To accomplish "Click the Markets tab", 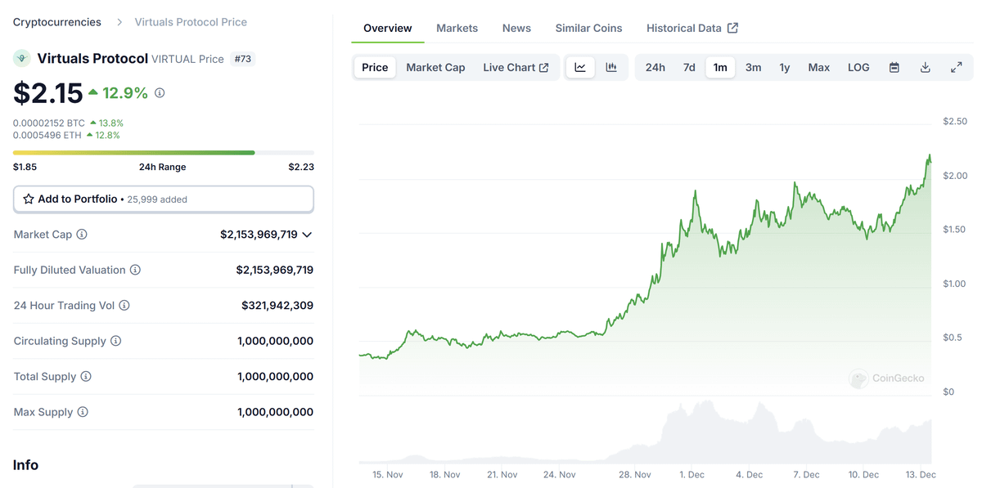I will [x=457, y=28].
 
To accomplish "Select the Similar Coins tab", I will [x=588, y=28].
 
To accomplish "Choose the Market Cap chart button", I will [x=435, y=67].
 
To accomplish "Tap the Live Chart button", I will [x=516, y=67].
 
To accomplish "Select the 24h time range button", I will [x=655, y=67].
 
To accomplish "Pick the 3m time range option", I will [x=753, y=67].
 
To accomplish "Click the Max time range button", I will [x=818, y=67].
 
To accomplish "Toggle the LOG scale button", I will [x=858, y=67].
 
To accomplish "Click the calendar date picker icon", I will [x=894, y=67].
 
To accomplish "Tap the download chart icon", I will [x=926, y=67].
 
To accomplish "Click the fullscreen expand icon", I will [x=956, y=67].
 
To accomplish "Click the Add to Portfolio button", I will [x=163, y=199].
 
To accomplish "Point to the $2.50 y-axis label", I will [x=955, y=122].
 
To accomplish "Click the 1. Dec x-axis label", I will [x=691, y=474].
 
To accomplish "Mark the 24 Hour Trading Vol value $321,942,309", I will [x=277, y=305].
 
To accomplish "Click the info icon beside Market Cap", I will [x=82, y=235].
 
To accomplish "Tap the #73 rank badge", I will [x=242, y=59].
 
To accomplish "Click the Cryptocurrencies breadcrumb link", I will [x=57, y=22].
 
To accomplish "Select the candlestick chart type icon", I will [x=611, y=67].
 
